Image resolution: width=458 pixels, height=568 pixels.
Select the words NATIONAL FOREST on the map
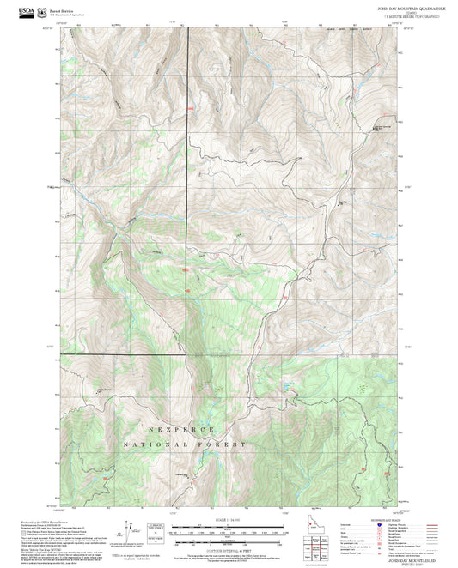tap(184, 445)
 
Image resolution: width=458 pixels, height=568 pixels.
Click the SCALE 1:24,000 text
tap(223, 519)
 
